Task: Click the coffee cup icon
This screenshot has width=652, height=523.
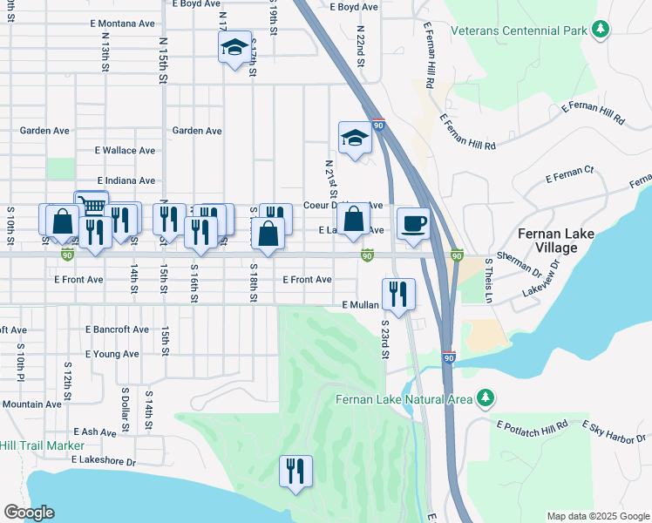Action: tap(413, 223)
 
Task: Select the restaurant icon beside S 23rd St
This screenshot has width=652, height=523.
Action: tap(398, 295)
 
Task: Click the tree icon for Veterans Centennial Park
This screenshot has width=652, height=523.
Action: tap(600, 31)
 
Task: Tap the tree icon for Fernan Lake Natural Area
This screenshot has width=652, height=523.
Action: tap(485, 399)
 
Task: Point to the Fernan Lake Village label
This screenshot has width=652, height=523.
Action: tap(559, 241)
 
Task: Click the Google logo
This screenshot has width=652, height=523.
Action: tap(29, 513)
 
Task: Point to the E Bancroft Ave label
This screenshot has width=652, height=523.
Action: tap(117, 329)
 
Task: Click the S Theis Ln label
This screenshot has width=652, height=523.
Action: tap(489, 280)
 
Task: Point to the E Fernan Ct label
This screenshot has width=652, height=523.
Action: tap(569, 175)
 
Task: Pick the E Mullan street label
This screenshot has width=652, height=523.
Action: tap(360, 305)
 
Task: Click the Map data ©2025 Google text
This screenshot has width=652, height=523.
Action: tap(597, 516)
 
